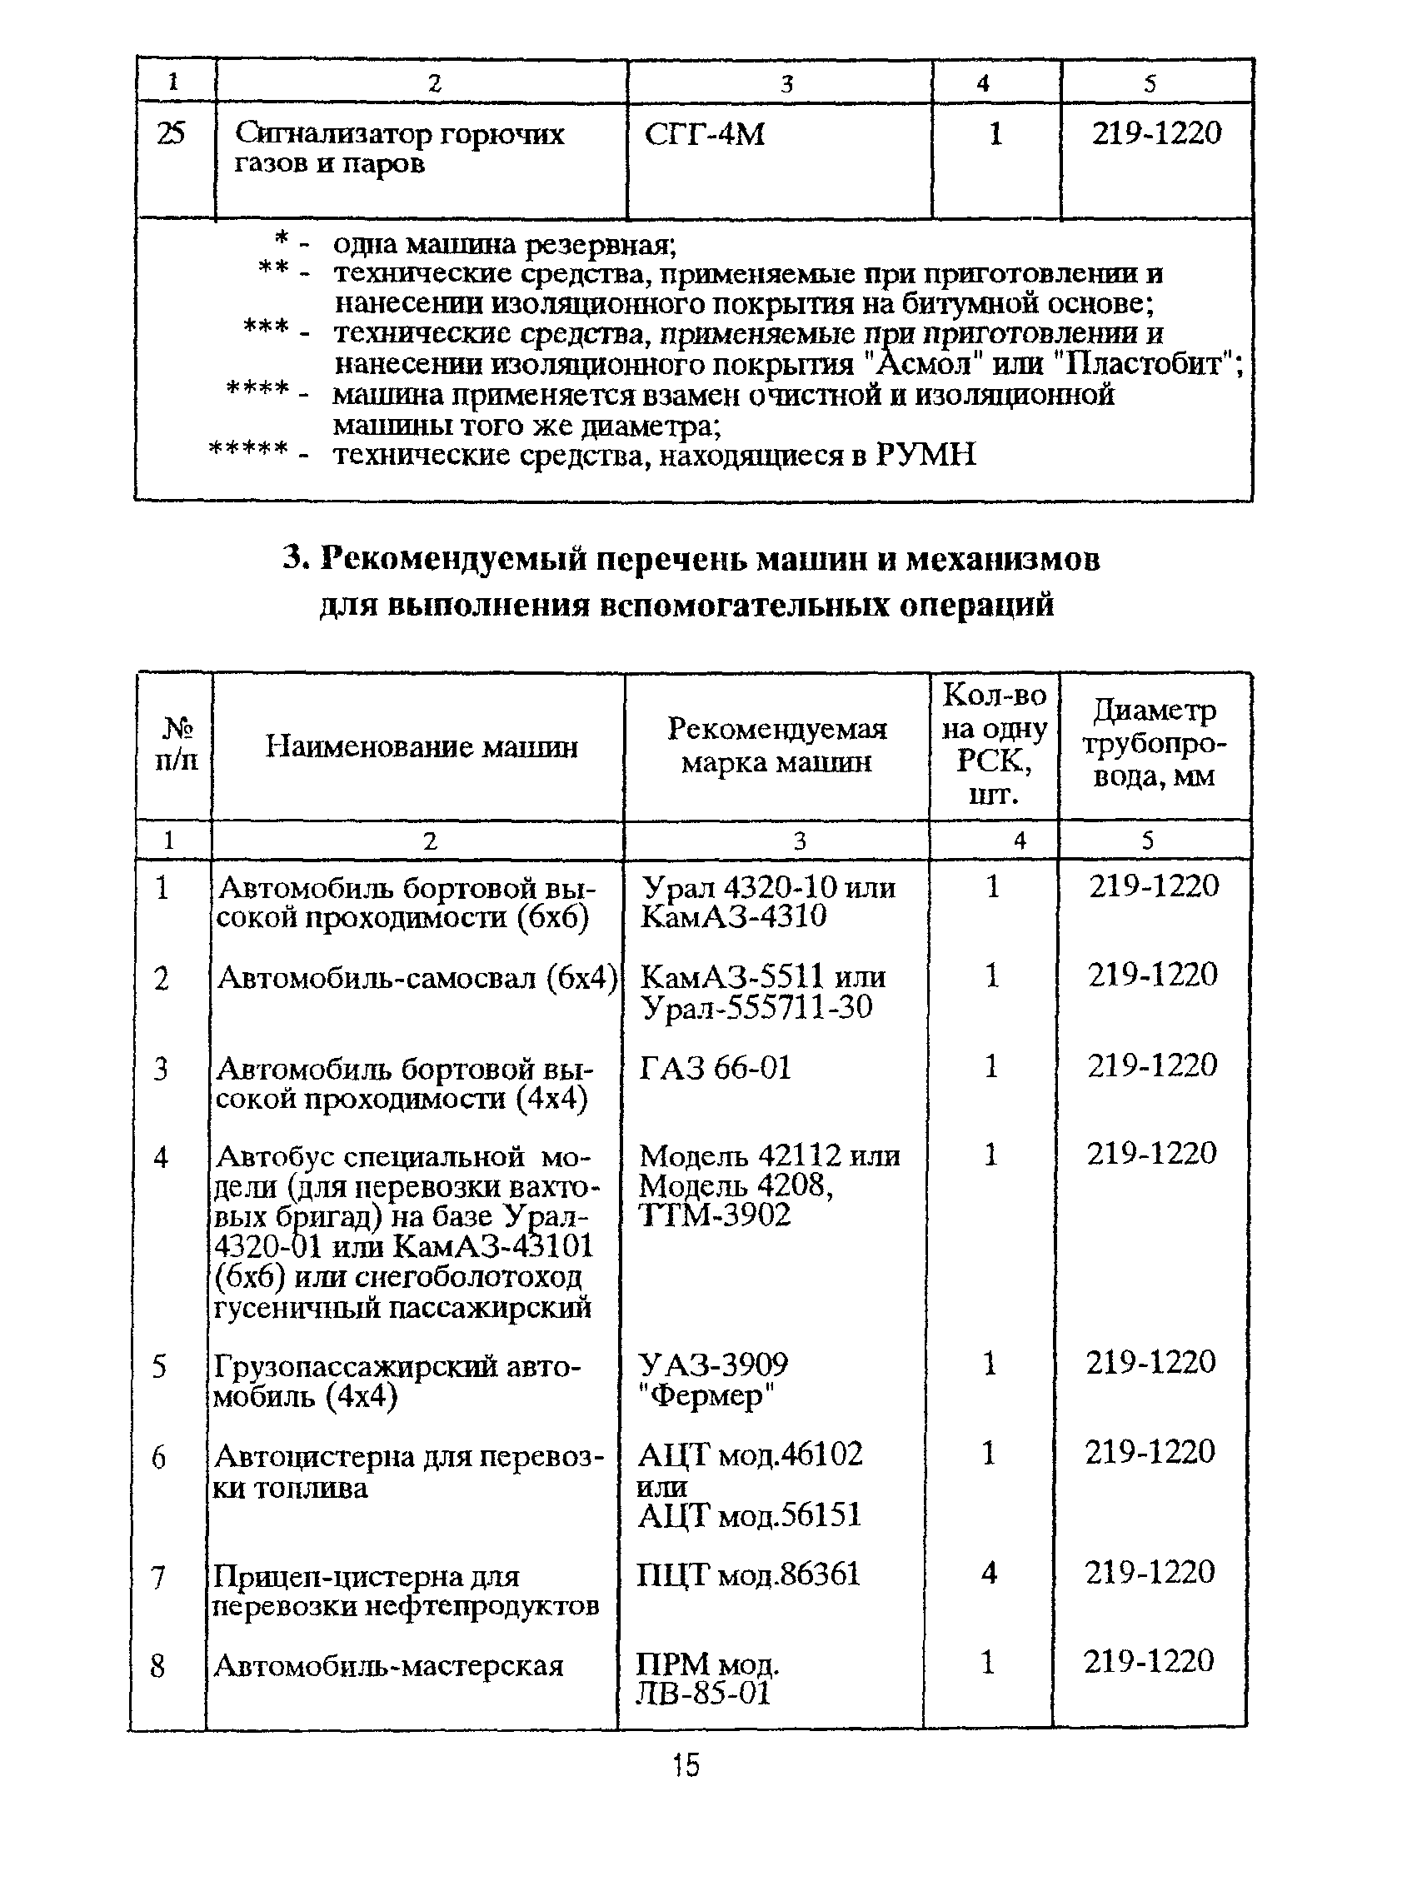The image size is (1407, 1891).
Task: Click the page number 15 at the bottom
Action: click(x=686, y=1764)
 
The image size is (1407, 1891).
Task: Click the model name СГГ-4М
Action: click(x=705, y=135)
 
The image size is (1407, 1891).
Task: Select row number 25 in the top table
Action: click(x=172, y=134)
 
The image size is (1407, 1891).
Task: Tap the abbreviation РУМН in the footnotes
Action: click(x=925, y=456)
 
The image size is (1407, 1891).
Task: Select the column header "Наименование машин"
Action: click(x=421, y=747)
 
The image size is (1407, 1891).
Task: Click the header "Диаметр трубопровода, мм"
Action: click(x=1153, y=743)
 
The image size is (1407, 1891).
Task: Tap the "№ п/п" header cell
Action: click(x=177, y=743)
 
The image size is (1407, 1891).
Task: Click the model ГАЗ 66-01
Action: click(x=715, y=1067)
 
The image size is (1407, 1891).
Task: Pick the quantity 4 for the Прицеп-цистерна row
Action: click(x=988, y=1573)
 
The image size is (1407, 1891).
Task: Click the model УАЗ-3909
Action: click(x=713, y=1365)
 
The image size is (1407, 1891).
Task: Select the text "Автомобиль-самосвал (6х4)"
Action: click(x=417, y=978)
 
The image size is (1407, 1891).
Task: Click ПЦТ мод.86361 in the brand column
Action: click(x=748, y=1574)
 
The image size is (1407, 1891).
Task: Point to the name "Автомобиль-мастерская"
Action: click(x=388, y=1665)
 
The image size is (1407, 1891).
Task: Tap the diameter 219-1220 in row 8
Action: click(x=1148, y=1661)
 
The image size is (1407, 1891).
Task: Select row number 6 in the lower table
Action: click(x=158, y=1459)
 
